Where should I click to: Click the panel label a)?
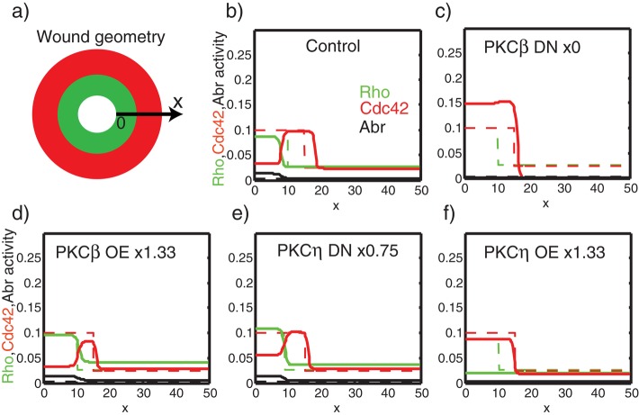pos(14,13)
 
